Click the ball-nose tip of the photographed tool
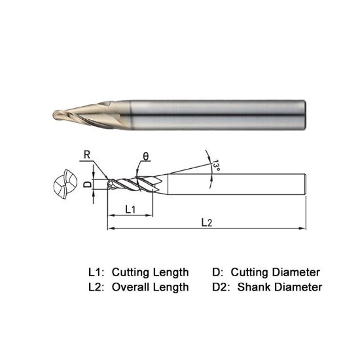point(55,116)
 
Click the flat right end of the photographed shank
point(305,115)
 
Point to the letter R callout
point(86,155)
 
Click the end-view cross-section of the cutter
point(66,186)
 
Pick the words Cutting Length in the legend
point(151,272)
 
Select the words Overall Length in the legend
point(151,287)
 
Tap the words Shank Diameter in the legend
point(280,287)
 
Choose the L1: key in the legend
point(97,272)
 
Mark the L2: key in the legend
point(97,287)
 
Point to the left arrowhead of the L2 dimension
point(109,228)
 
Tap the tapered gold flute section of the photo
point(98,115)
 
